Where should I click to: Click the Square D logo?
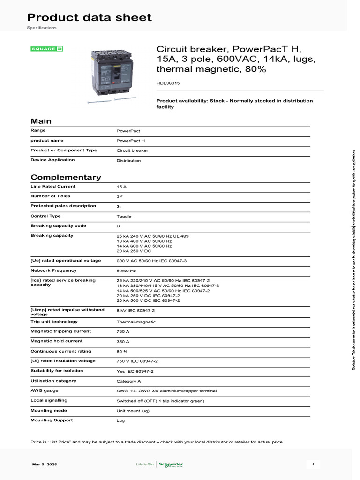coord(47,49)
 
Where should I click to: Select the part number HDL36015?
coord(168,83)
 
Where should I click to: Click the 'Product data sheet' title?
coord(89,17)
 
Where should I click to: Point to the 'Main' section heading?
coord(41,121)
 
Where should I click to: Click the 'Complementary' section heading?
coord(66,177)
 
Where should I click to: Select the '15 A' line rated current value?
coord(121,187)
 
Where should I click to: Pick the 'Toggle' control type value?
coord(124,217)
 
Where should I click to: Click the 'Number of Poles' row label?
coord(50,196)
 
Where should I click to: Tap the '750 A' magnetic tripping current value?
coord(123,332)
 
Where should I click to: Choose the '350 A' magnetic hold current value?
coord(123,342)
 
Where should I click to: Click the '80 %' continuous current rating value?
coord(122,352)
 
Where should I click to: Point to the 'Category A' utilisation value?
coord(128,381)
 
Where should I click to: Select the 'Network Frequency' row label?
coord(53,270)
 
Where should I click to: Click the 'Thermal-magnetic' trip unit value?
coord(136,322)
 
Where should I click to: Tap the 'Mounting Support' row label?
coord(52,420)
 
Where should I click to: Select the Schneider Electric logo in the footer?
coord(171,465)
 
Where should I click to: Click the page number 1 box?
coord(313,464)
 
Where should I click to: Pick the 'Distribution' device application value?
coord(128,161)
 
